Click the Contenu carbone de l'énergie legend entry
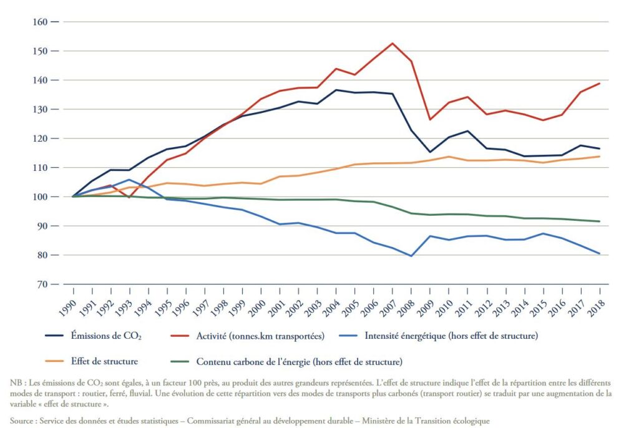click(x=299, y=361)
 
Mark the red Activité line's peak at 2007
click(x=392, y=43)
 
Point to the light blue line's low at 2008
click(x=411, y=256)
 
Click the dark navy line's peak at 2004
click(x=336, y=90)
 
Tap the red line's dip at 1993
click(x=129, y=197)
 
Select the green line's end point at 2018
click(x=599, y=221)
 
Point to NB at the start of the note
click(x=16, y=382)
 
